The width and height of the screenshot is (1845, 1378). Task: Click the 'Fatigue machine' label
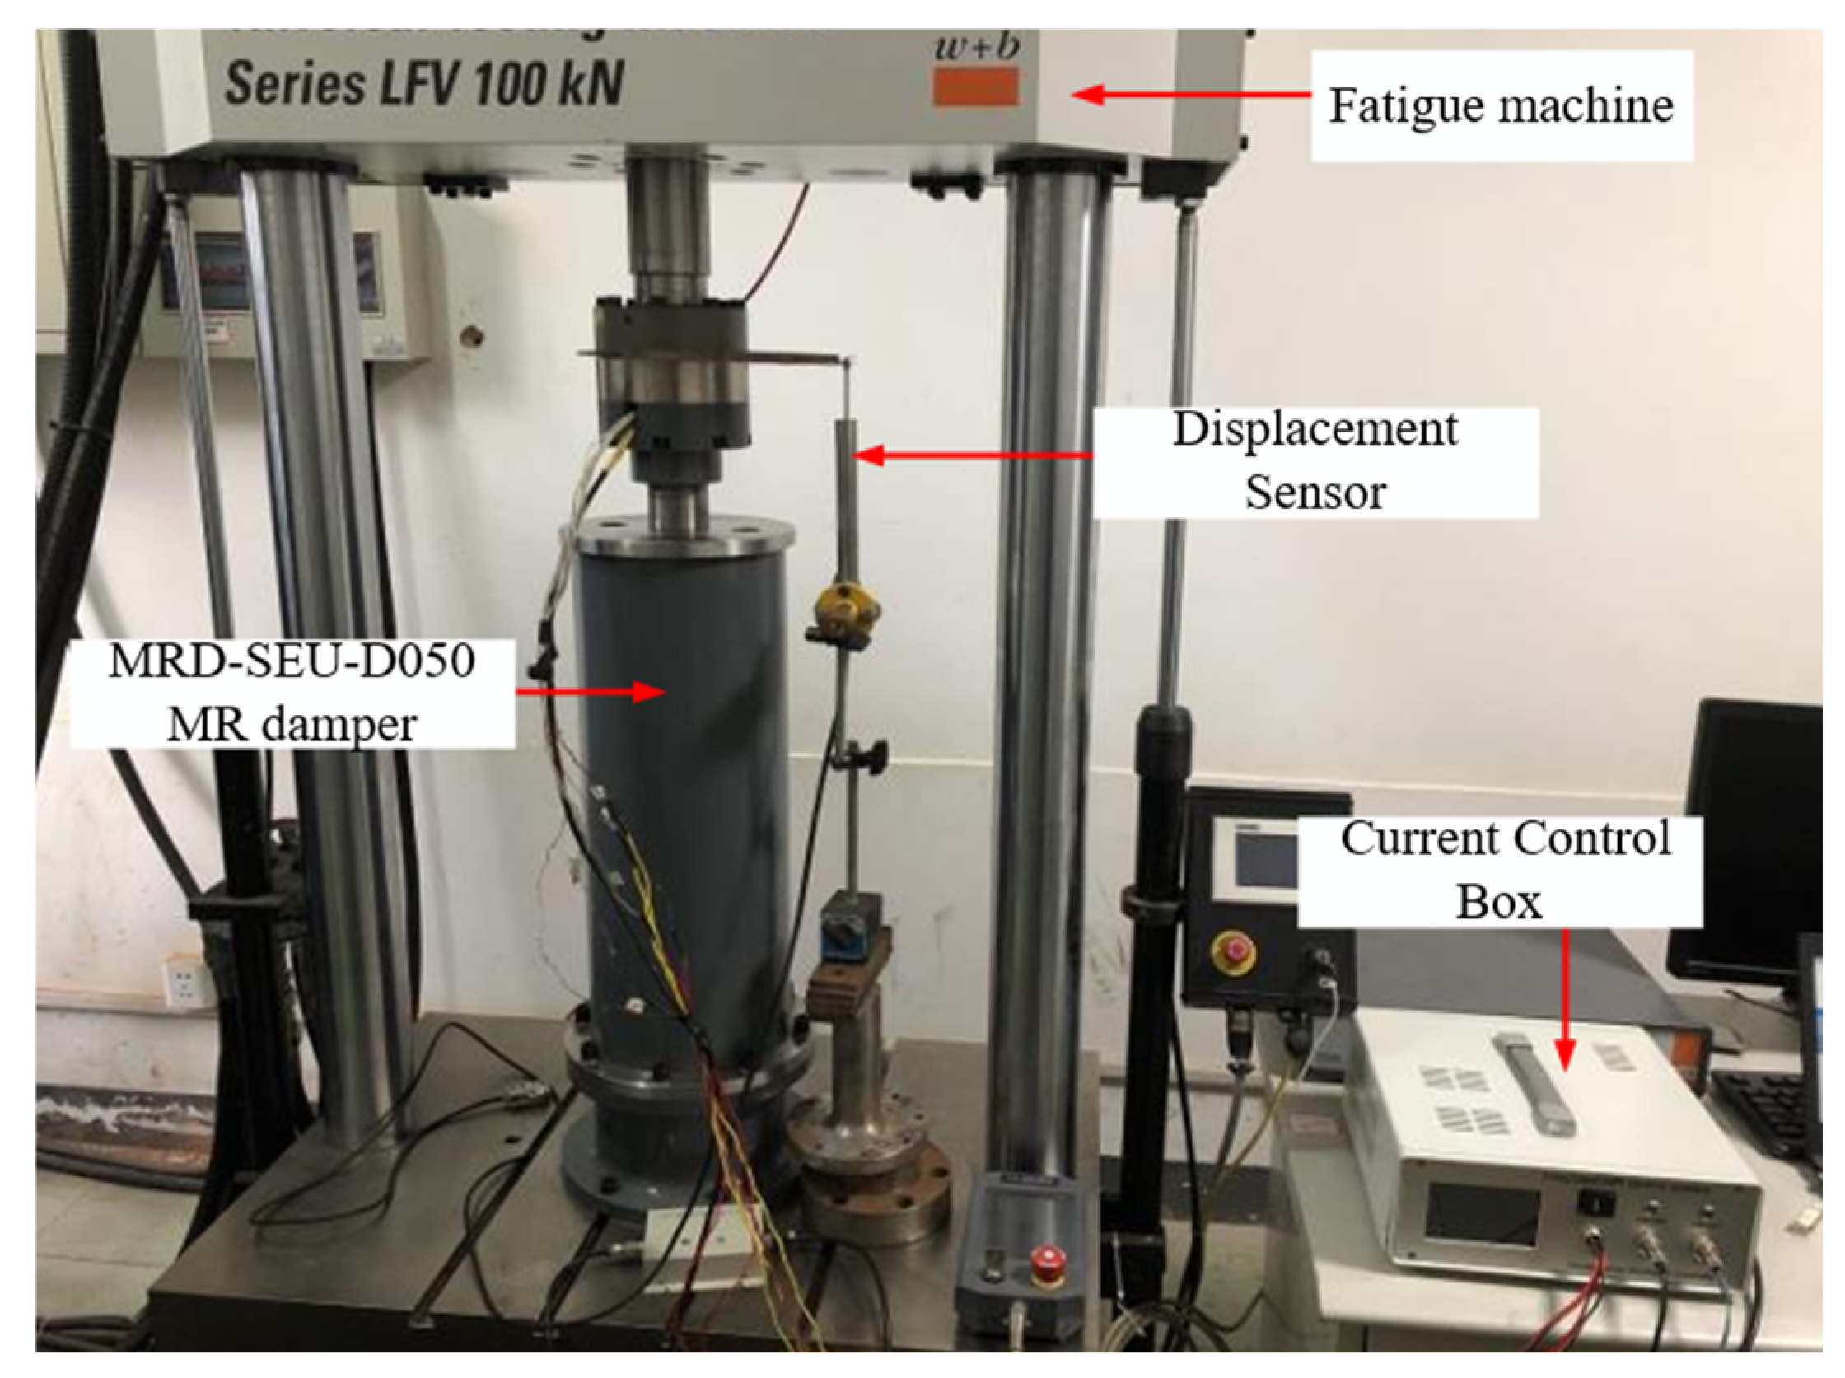tap(1501, 106)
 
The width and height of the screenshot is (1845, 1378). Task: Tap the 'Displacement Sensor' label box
tap(1315, 461)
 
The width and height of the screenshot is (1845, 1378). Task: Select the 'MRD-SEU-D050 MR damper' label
tap(292, 693)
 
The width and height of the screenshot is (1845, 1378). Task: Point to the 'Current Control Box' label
tap(1499, 870)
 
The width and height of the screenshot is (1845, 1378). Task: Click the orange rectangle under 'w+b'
tap(975, 86)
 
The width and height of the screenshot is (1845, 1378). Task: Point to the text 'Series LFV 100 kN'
tap(423, 83)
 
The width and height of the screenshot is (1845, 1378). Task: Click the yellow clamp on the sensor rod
tap(845, 606)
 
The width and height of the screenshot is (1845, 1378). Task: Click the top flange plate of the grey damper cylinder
tap(684, 535)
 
